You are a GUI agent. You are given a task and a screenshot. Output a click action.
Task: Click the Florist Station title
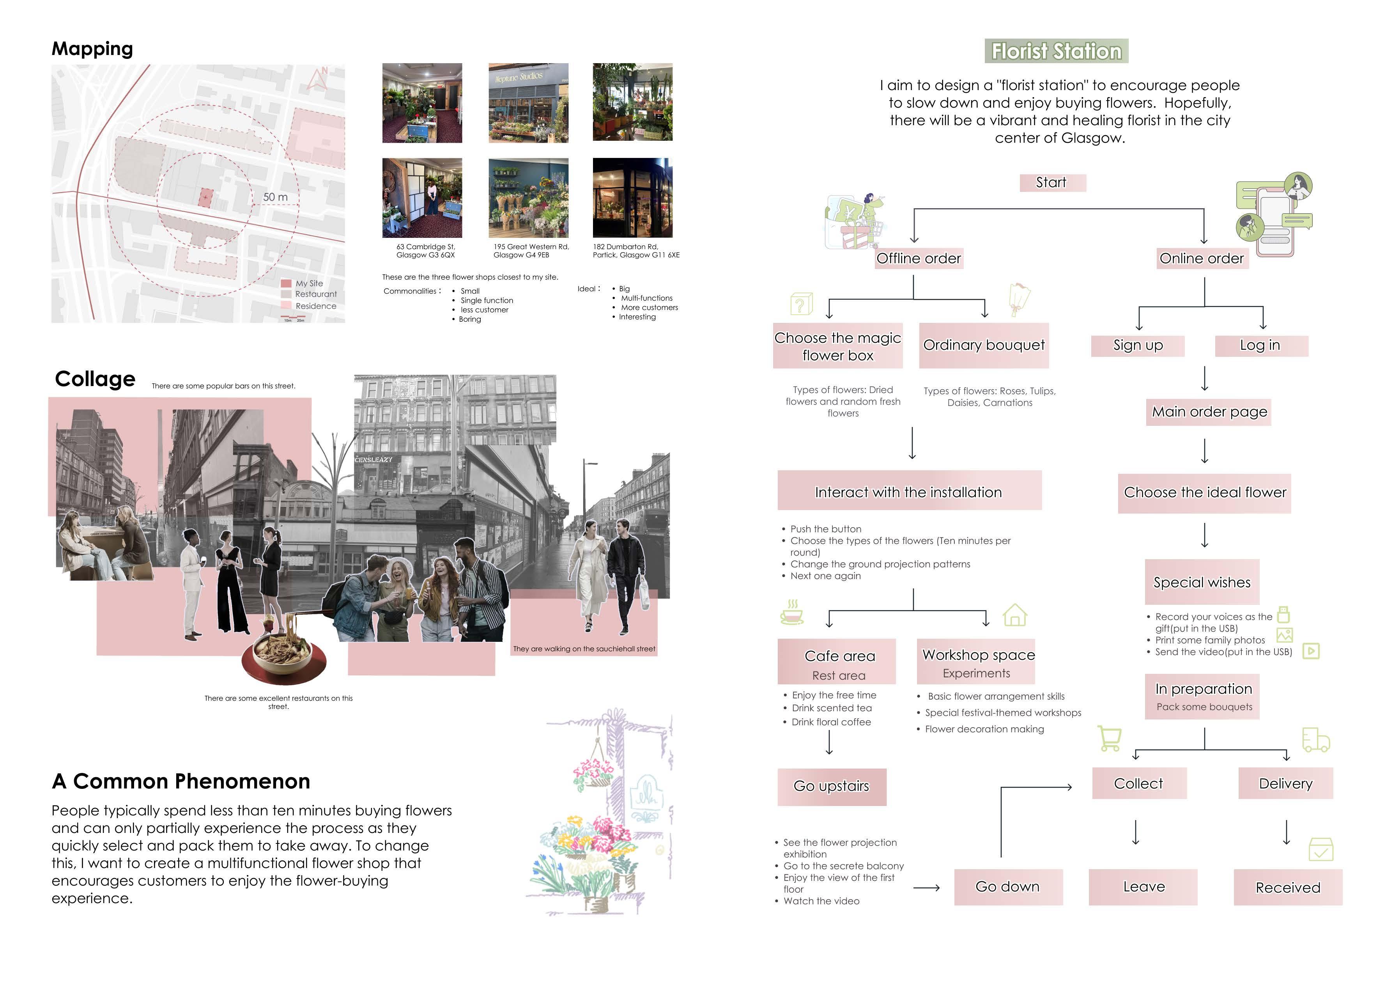click(x=1056, y=51)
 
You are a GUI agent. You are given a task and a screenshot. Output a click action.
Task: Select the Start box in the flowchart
click(x=1052, y=182)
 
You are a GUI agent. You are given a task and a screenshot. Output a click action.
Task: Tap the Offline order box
click(x=919, y=259)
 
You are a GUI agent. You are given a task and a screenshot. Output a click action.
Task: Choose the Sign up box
click(x=1138, y=345)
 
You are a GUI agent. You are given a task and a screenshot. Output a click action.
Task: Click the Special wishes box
click(x=1202, y=582)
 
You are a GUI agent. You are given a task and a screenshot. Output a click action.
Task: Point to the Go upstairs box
click(x=831, y=787)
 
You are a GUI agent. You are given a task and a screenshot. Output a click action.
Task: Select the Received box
click(x=1287, y=887)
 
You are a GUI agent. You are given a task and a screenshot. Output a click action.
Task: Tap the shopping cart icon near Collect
click(x=1110, y=739)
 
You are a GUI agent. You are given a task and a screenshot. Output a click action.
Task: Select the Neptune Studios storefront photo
click(x=528, y=103)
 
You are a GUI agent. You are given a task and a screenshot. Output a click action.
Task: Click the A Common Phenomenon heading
click(x=181, y=781)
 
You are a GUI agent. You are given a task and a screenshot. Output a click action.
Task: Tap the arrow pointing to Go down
click(x=926, y=888)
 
